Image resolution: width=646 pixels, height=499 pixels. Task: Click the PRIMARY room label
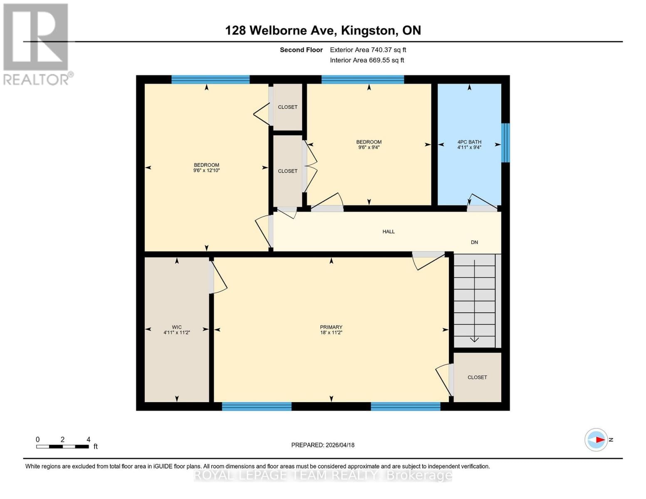point(331,327)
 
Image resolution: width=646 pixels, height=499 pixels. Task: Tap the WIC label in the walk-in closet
point(177,327)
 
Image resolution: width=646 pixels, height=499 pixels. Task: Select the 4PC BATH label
point(469,142)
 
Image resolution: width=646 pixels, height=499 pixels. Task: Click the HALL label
point(389,232)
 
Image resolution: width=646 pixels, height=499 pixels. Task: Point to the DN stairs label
point(474,242)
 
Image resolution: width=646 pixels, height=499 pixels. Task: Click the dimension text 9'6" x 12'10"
point(206,170)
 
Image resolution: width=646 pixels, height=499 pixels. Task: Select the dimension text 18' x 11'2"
point(331,333)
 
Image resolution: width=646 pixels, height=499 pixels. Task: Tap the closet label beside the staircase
point(477,377)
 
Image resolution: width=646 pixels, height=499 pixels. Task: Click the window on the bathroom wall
point(505,143)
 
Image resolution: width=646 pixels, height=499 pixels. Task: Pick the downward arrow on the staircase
point(474,339)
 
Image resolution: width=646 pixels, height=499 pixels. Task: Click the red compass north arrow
point(599,440)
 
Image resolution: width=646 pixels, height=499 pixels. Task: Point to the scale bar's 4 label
point(88,439)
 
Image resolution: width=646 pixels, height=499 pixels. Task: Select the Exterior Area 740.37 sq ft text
point(368,50)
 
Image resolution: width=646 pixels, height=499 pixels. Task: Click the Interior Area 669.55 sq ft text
point(367,60)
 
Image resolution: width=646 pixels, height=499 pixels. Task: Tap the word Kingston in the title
point(367,30)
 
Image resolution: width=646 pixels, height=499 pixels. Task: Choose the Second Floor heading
point(301,50)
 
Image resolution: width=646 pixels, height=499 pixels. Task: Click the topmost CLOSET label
point(287,107)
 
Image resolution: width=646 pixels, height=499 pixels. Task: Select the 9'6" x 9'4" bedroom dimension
point(369,147)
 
